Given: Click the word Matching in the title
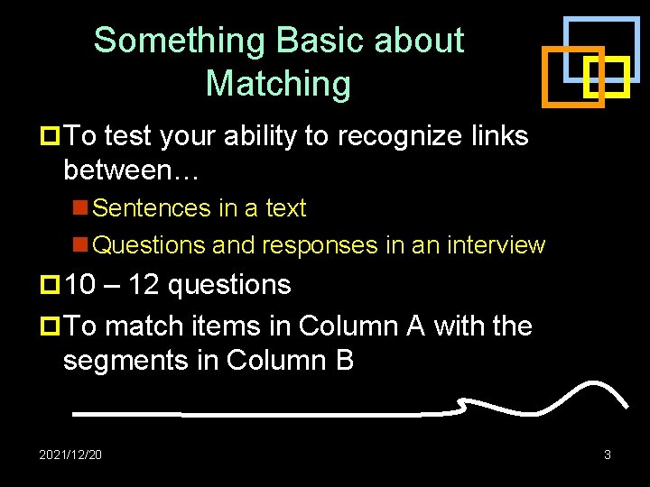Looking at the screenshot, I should coord(278,84).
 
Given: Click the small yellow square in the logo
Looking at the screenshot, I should coord(606,78).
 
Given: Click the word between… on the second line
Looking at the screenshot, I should coord(122,170).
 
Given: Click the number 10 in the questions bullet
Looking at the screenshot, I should coord(80,285).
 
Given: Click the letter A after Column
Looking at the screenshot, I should coord(415,326).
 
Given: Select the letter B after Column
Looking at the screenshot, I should coord(342,361).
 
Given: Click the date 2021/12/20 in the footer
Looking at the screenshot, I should coord(70,455).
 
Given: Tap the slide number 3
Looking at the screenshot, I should coord(608,455).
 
